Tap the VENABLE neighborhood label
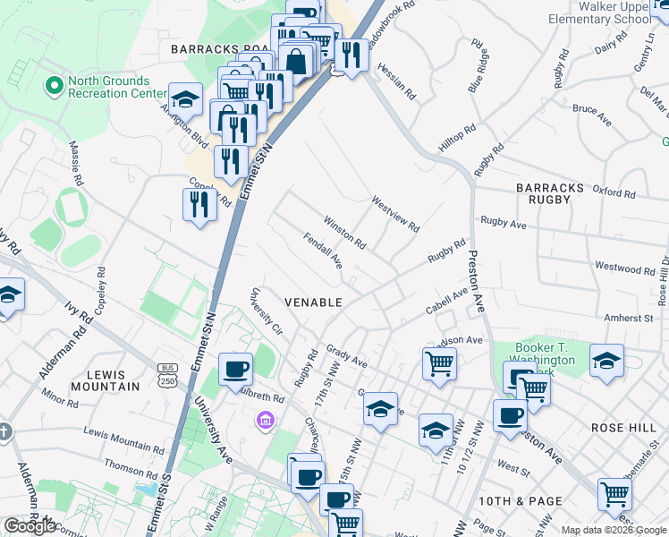(313, 303)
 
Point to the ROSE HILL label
(623, 429)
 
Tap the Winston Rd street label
(345, 232)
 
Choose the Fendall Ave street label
(323, 251)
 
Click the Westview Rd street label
(395, 214)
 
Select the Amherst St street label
(629, 318)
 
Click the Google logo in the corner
(30, 525)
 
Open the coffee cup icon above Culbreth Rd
(236, 368)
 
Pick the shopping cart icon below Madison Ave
(439, 362)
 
